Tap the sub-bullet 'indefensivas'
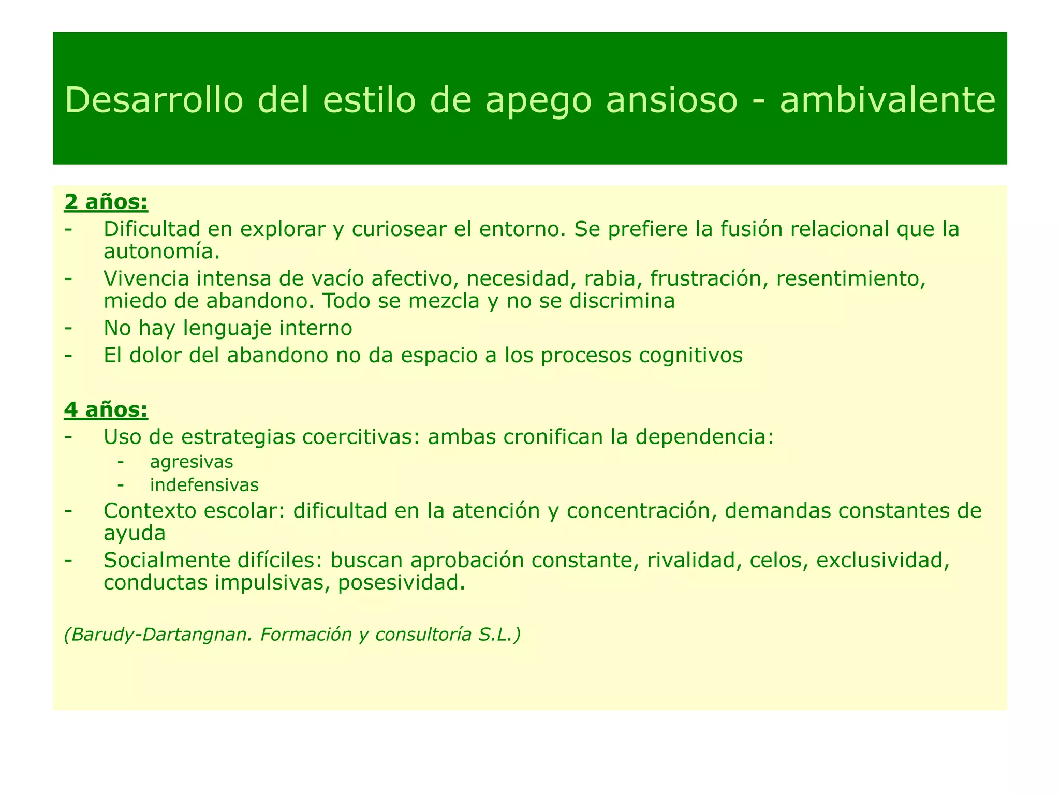204,485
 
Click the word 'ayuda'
135,533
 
